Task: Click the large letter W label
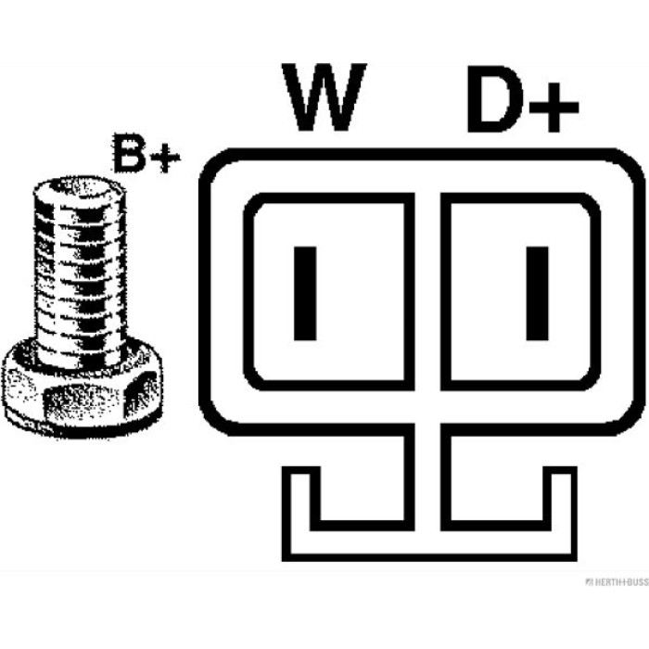coord(324,97)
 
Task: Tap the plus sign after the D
coord(554,108)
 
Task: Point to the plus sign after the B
coord(165,158)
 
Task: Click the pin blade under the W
coord(305,294)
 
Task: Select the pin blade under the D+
coord(537,294)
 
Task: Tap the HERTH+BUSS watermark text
coord(617,582)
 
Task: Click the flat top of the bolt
coord(80,187)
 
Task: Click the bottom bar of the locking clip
coord(429,557)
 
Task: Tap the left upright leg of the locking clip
coord(286,514)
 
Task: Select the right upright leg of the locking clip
coord(572,514)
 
